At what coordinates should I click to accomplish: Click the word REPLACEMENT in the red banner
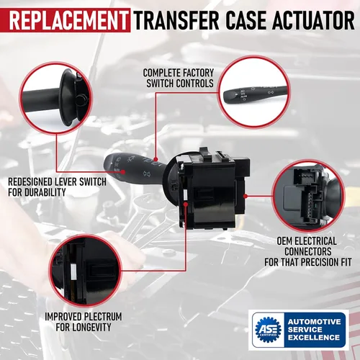[68, 20]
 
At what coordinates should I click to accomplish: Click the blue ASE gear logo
[268, 330]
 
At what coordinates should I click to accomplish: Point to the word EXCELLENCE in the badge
[314, 338]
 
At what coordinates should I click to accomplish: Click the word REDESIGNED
[30, 181]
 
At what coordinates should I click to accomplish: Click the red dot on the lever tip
[123, 172]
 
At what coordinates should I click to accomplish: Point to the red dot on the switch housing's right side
[246, 196]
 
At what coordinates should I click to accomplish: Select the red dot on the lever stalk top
[156, 159]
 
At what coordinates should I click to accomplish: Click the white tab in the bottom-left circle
[73, 271]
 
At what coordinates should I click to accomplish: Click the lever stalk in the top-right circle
[254, 93]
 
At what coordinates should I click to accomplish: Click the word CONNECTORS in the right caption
[308, 251]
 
